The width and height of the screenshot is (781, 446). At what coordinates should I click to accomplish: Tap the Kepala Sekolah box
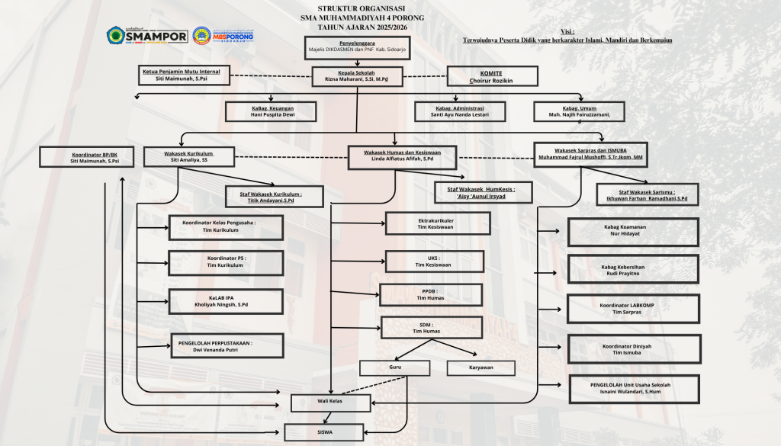[x=357, y=75]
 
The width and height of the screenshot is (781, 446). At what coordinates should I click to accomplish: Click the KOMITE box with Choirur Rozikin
[x=492, y=75]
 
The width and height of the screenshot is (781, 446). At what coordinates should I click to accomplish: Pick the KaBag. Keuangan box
[x=272, y=111]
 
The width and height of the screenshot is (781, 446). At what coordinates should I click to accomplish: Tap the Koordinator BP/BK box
[x=94, y=157]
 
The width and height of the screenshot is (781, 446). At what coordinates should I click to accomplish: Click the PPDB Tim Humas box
[x=431, y=294]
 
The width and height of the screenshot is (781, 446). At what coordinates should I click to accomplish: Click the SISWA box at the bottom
[x=332, y=432]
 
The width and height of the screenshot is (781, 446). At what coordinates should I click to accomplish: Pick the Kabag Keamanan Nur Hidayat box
[x=633, y=232]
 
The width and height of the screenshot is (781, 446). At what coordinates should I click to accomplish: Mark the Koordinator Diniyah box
[x=632, y=348]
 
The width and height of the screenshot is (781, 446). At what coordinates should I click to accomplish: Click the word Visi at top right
[x=567, y=31]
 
